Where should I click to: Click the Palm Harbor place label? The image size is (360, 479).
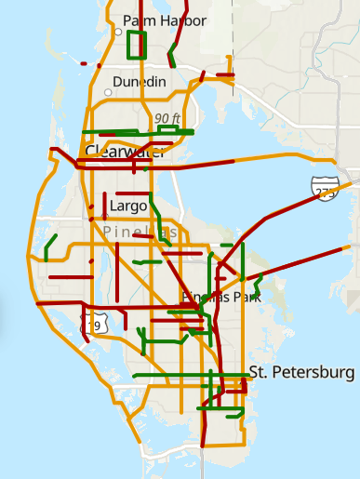[165, 20]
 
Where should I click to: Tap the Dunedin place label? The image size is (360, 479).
[140, 82]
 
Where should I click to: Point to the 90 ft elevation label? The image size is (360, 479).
[168, 118]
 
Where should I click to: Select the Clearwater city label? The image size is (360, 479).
[125, 152]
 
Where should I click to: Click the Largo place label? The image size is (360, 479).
[128, 206]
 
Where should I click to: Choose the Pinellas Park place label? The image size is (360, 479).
[222, 297]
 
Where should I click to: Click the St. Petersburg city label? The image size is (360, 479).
[302, 373]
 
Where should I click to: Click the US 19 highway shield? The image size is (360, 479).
[92, 324]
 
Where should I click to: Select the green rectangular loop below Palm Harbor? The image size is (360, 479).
[137, 44]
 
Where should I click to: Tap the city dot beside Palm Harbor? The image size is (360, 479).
[119, 31]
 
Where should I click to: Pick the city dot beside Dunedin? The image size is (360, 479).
[108, 92]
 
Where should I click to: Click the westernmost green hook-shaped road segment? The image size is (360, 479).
[48, 246]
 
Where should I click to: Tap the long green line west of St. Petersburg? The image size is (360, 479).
[186, 375]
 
